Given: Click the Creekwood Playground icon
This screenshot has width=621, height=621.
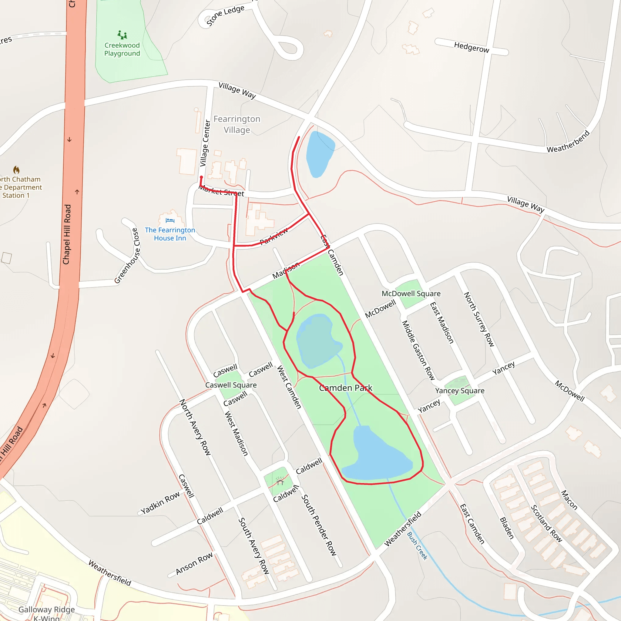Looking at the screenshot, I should [x=122, y=35].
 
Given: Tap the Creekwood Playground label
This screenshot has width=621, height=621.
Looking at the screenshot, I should [x=122, y=49].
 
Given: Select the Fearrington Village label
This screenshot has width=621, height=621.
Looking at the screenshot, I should [x=237, y=124].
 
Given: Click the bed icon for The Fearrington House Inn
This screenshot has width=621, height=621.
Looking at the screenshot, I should [x=170, y=220].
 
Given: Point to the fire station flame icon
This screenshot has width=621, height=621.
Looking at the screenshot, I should [x=16, y=170].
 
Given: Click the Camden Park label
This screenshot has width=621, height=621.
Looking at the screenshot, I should [x=346, y=388].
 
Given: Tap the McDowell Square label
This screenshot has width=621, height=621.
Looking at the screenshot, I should [x=411, y=294].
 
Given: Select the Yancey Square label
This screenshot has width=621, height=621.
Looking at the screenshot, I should [x=460, y=391].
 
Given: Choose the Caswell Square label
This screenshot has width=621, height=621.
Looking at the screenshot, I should [x=231, y=385].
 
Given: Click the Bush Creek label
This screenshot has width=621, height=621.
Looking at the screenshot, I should [x=417, y=546].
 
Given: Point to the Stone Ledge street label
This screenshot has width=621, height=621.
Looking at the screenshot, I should [x=225, y=15].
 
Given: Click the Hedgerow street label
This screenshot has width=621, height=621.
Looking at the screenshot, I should [x=472, y=47].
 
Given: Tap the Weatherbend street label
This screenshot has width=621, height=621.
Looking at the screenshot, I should [x=568, y=141].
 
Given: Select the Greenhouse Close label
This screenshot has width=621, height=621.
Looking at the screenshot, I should [x=127, y=256].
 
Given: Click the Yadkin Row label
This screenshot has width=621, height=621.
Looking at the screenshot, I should [x=160, y=503].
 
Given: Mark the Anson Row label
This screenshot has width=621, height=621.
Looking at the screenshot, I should [x=194, y=563].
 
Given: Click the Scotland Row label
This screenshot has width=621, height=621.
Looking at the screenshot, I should [x=546, y=524].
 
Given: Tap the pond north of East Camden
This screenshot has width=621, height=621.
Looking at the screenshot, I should [x=320, y=154].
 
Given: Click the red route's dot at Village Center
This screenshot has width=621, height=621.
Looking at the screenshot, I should [x=202, y=177].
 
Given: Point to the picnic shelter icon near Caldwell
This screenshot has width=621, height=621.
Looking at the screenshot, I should [x=280, y=481].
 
